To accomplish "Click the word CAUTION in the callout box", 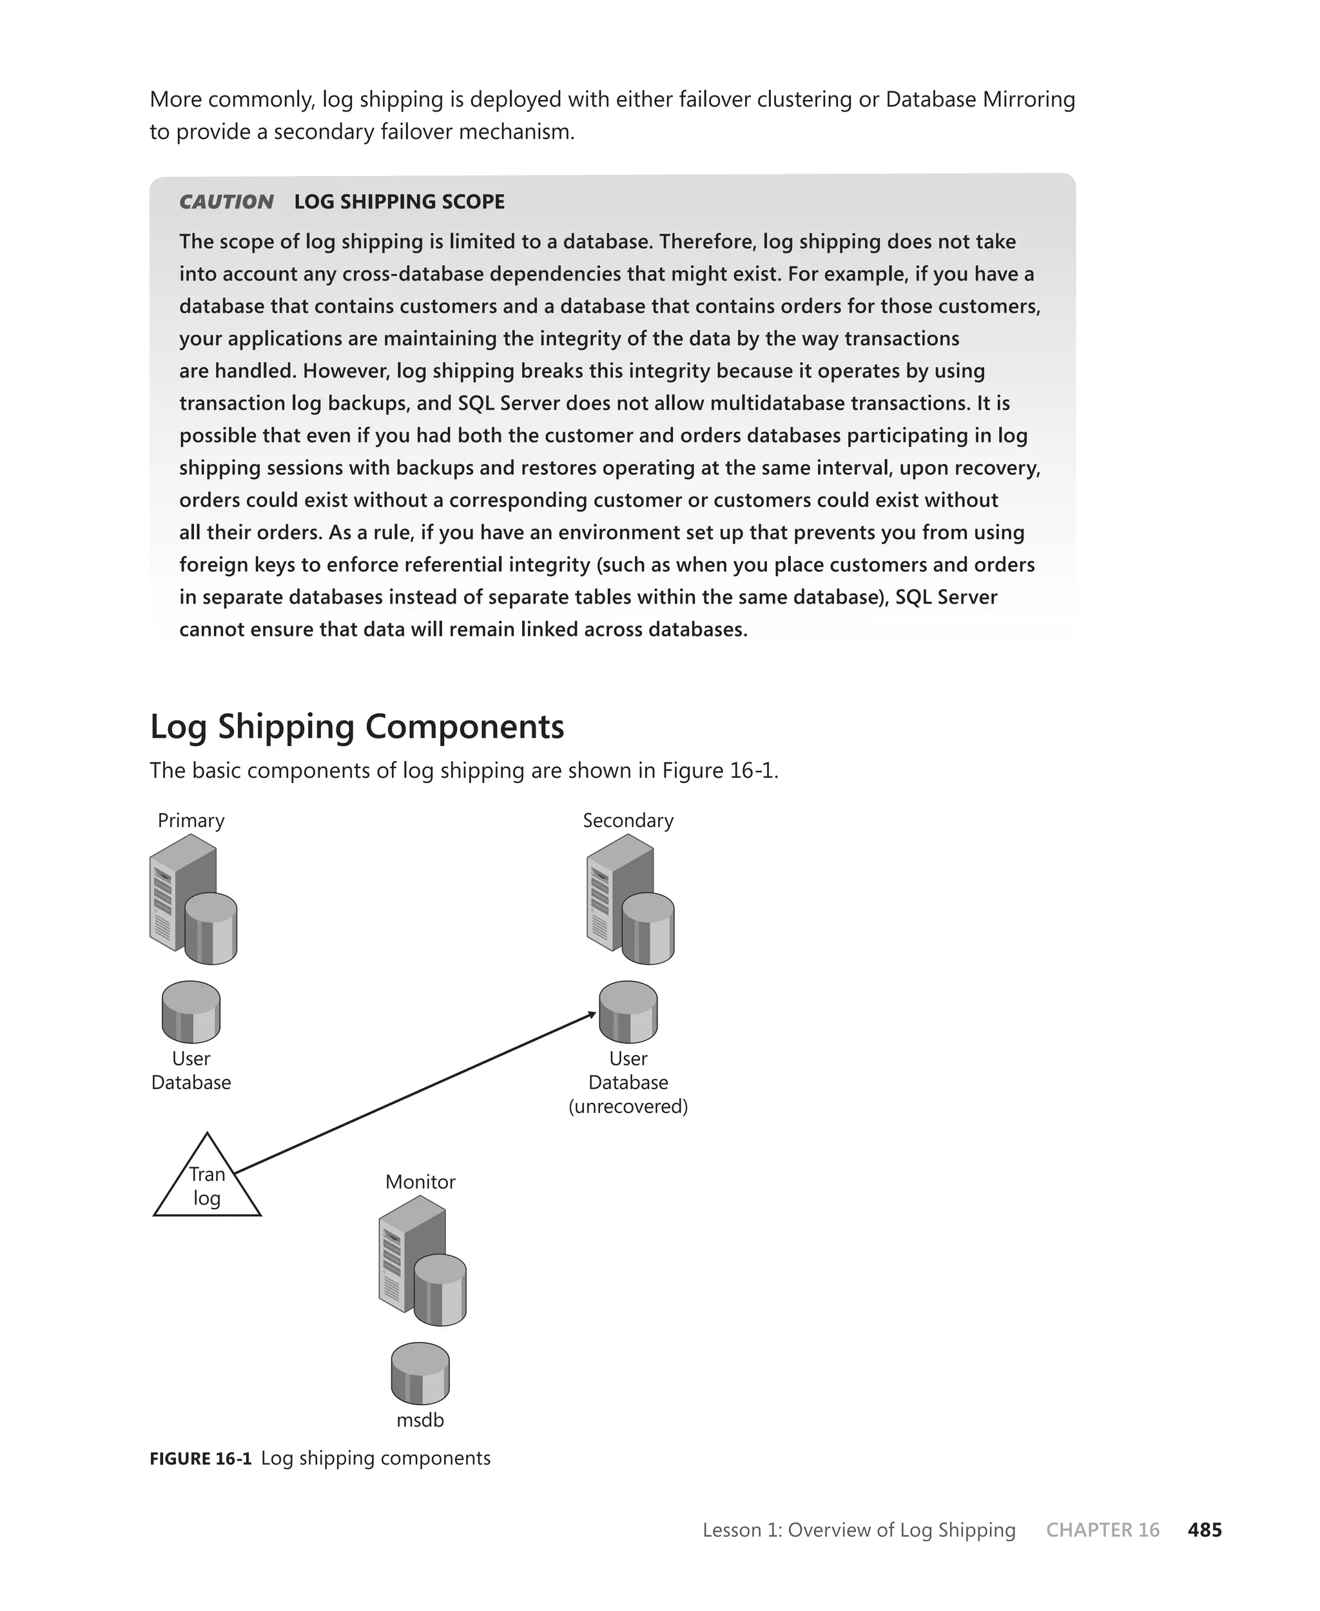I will click(226, 202).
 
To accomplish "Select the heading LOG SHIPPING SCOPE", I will click(399, 202).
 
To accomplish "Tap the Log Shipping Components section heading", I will click(356, 726).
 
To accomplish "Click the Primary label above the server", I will click(191, 821).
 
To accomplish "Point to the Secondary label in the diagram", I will click(628, 821).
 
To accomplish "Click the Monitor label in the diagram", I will click(420, 1182).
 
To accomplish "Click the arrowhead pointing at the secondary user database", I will click(592, 1014).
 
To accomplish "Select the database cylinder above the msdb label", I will click(420, 1374).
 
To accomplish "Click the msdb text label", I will click(420, 1420).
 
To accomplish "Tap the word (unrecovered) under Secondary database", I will click(628, 1107).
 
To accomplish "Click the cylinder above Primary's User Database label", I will click(191, 1013).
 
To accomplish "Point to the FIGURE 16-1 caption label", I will click(200, 1459).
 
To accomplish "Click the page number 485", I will click(1205, 1530).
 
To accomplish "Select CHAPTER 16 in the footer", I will click(1103, 1530).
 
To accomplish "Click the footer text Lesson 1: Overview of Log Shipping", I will click(859, 1530).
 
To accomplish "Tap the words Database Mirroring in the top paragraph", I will click(980, 100).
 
